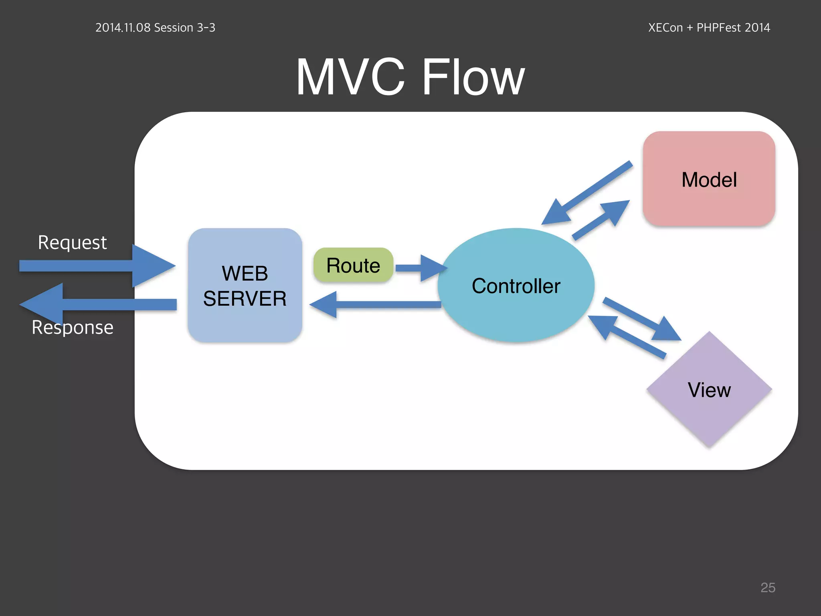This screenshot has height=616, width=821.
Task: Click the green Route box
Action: pyautogui.click(x=353, y=265)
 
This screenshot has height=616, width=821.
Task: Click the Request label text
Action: pyautogui.click(x=72, y=242)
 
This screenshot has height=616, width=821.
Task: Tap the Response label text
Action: pyautogui.click(x=72, y=328)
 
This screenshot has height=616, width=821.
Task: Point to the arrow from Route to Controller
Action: pyautogui.click(x=419, y=268)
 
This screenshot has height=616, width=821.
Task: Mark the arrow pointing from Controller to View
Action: pyautogui.click(x=641, y=319)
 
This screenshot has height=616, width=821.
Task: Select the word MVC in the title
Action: pyautogui.click(x=350, y=77)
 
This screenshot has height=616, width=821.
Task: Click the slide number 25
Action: pyautogui.click(x=768, y=588)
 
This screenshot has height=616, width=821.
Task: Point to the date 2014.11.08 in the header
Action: pyautogui.click(x=123, y=28)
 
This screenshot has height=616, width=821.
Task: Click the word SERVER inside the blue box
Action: pyautogui.click(x=245, y=299)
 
